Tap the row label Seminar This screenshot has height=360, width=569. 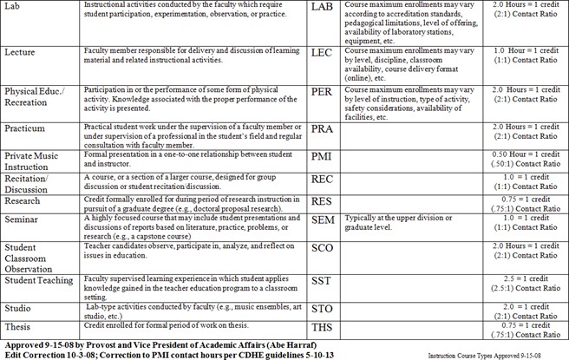(24, 221)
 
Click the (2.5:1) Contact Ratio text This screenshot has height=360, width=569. (523, 289)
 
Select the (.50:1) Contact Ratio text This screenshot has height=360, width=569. (523, 161)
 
